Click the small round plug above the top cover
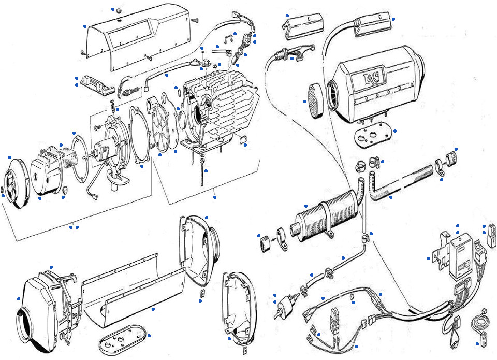[x=119, y=11]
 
